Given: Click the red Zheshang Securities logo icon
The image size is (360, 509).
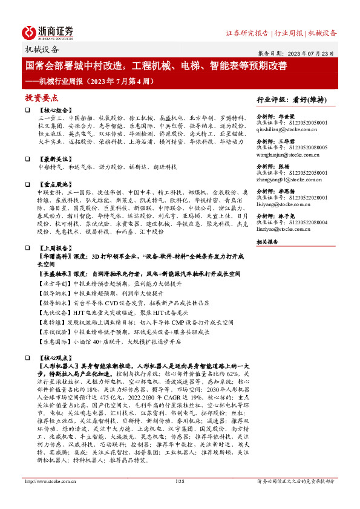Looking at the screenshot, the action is [30, 32].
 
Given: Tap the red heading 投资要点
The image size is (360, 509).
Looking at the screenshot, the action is [41, 97].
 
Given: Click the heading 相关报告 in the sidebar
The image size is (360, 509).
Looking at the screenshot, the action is [267, 242].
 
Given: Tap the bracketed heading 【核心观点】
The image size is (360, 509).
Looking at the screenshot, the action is [53, 358].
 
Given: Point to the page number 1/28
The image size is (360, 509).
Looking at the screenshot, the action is [178, 498].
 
